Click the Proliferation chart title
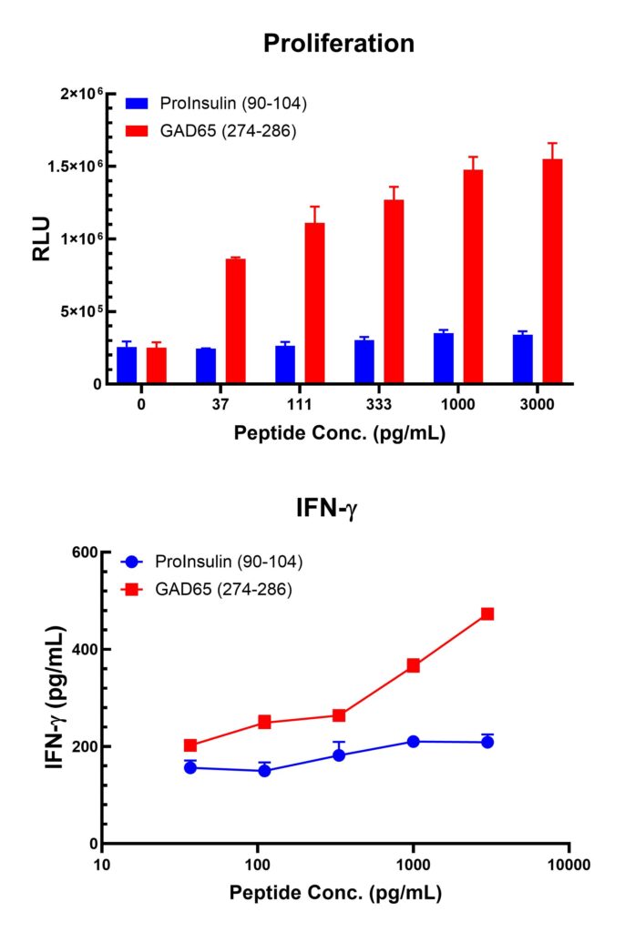coord(339,43)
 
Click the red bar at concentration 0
coord(157,365)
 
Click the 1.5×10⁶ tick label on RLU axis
coord(78,167)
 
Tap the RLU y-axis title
coord(42,238)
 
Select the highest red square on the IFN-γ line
coord(487,614)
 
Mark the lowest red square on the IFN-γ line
coord(190,745)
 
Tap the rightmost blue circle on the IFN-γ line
coord(487,742)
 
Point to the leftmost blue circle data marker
coord(190,767)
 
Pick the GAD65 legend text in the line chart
coord(224,590)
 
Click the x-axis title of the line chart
coord(335,893)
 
